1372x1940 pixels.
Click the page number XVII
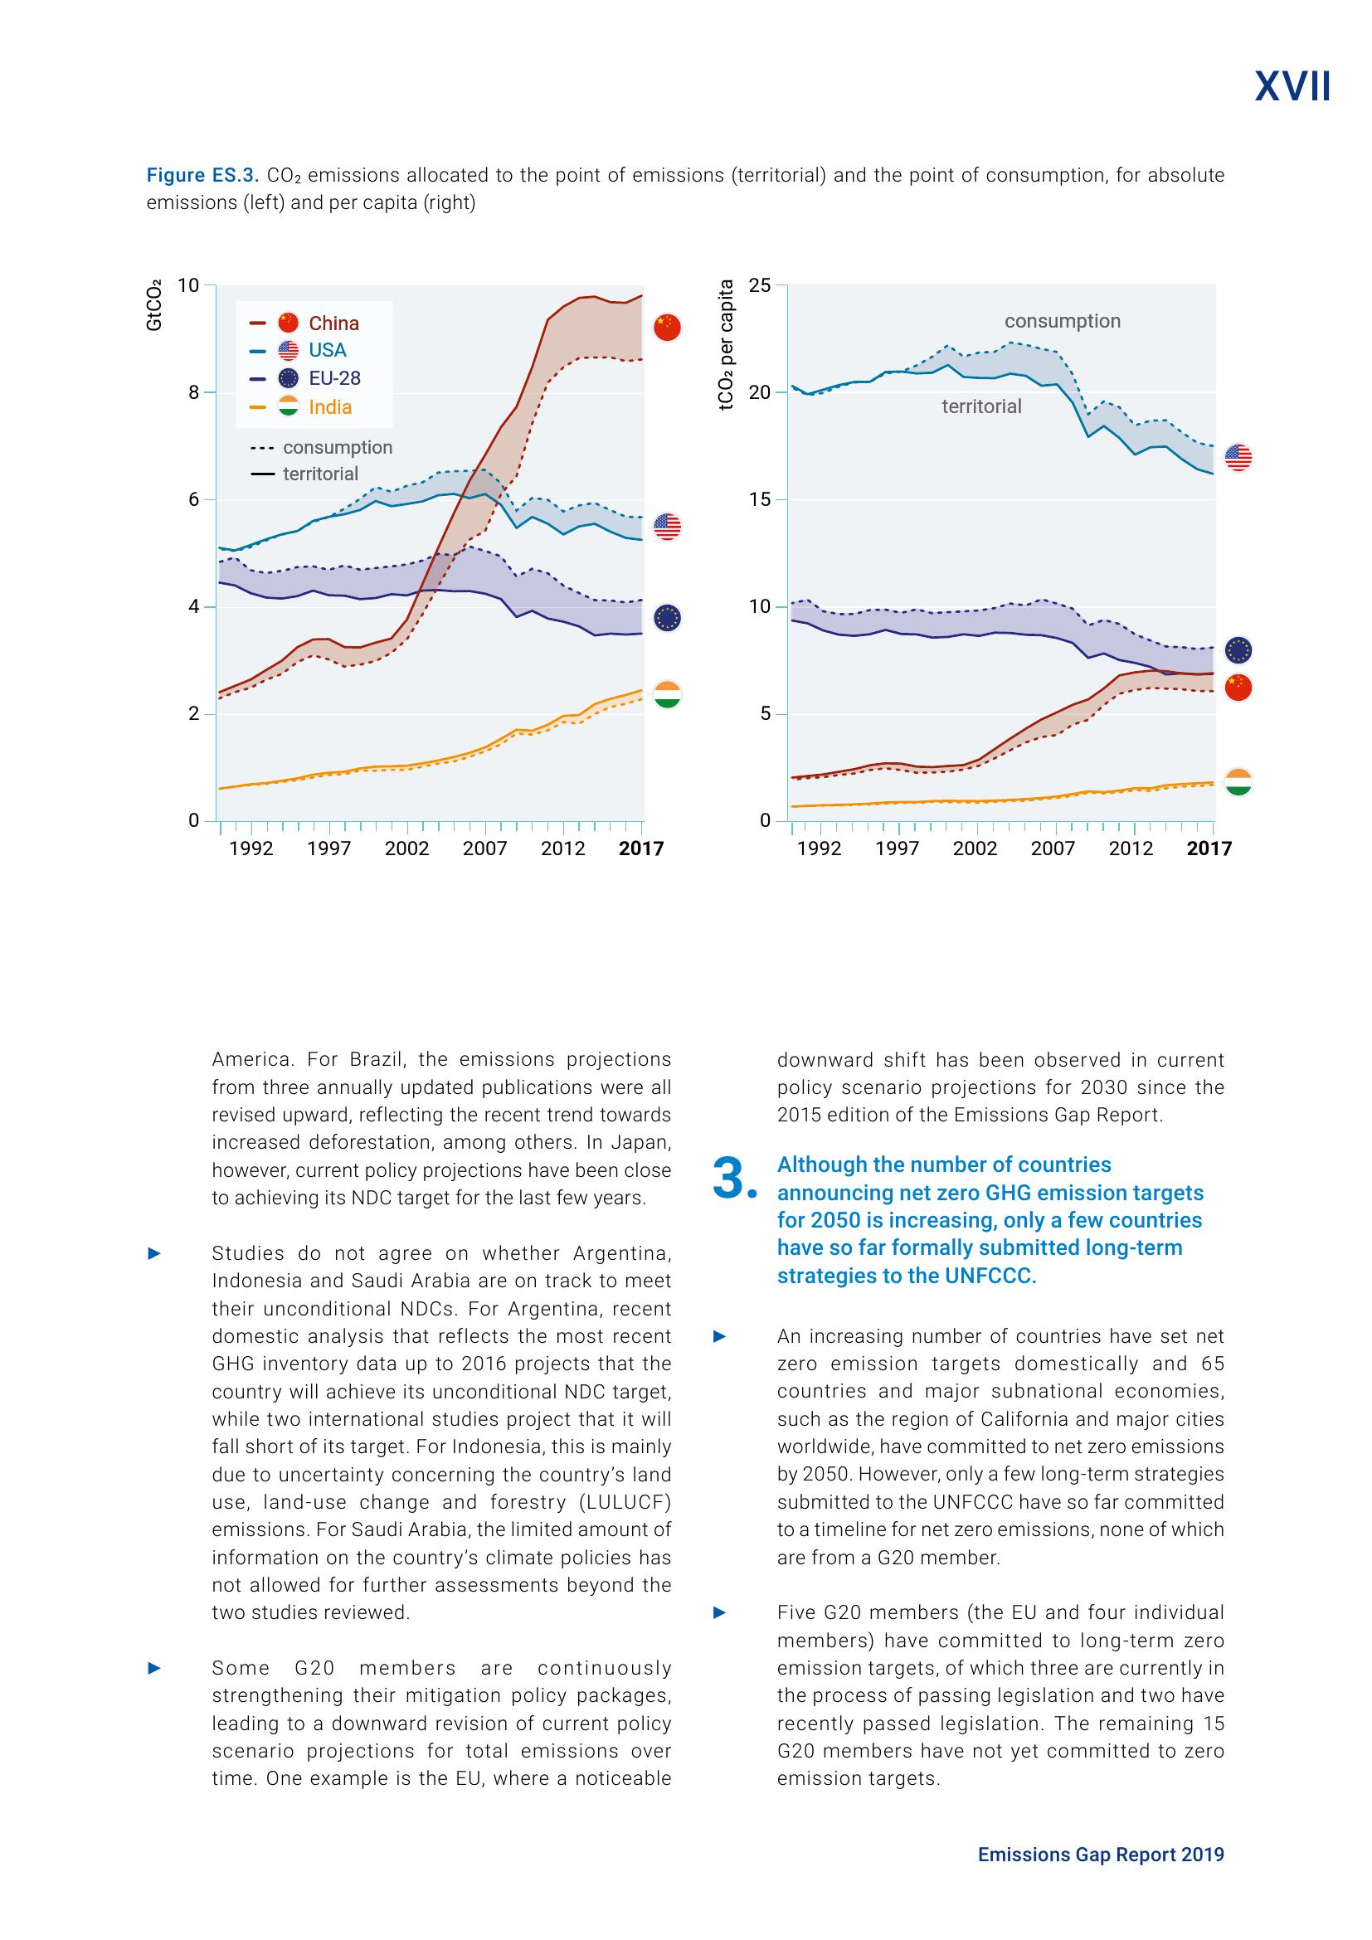point(1292,87)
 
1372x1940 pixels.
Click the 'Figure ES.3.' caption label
point(201,176)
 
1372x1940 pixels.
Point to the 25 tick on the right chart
point(760,285)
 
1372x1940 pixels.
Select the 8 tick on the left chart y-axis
point(193,392)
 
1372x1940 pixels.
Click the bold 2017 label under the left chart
point(640,848)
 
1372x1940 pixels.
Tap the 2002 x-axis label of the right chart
point(974,848)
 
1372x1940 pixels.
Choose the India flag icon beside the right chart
point(1238,781)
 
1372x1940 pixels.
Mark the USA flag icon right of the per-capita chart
point(1238,457)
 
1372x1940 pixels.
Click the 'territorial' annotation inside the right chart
point(980,406)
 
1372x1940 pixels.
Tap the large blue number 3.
point(732,1179)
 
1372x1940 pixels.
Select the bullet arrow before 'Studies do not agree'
point(153,1254)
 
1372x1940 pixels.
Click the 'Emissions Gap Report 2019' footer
point(1100,1855)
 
